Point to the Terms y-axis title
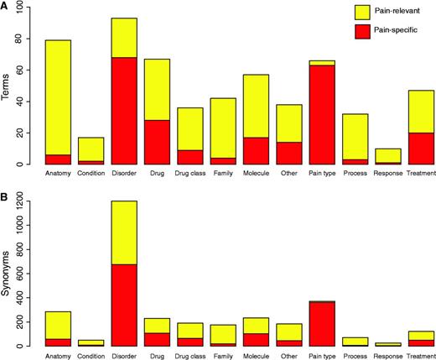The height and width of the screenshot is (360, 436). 8,86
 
